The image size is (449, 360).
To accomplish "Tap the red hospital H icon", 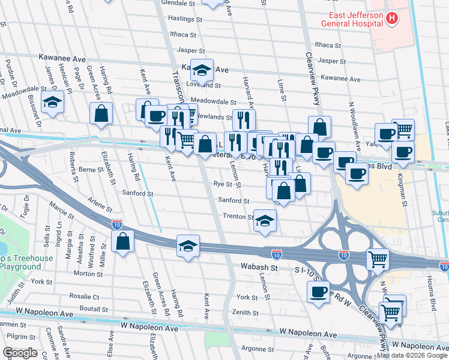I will pos(392,19).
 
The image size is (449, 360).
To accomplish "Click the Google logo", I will pos(20,353).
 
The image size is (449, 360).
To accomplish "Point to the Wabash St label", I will pos(260,266).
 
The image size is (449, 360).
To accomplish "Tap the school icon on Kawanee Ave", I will pos(202,70).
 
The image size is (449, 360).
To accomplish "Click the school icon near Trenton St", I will pos(265,220).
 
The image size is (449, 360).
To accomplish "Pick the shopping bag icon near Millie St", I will pos(122,242).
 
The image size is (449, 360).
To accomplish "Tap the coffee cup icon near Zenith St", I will pos(318,292).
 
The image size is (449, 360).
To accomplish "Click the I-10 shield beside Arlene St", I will pos(117,224).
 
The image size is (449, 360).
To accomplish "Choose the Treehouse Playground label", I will pos(27,262).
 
